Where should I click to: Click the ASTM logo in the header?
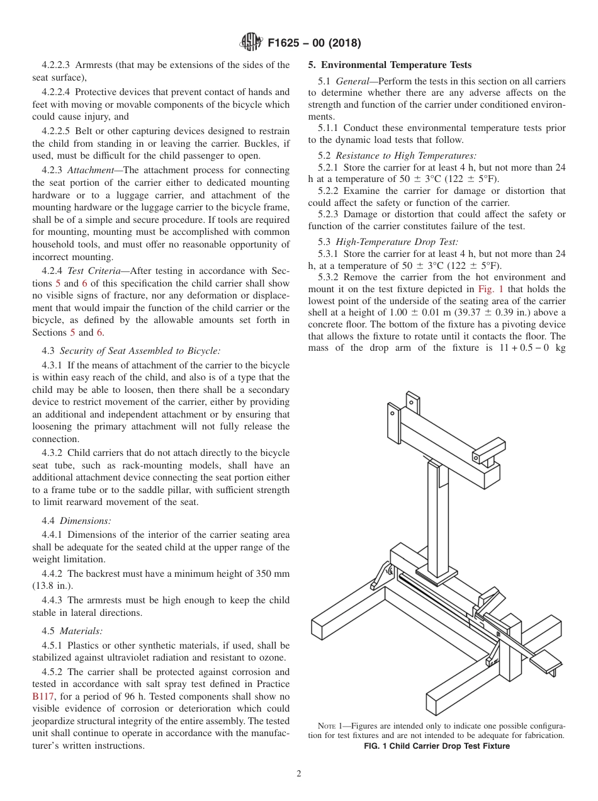coord(251,43)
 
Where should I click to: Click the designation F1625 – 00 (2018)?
coord(313,43)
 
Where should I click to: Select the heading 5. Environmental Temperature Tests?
coord(389,65)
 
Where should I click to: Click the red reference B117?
coord(43,696)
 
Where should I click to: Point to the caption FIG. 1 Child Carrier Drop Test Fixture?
coord(437,746)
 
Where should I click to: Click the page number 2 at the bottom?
coord(299,774)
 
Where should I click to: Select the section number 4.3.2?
coord(52,453)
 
